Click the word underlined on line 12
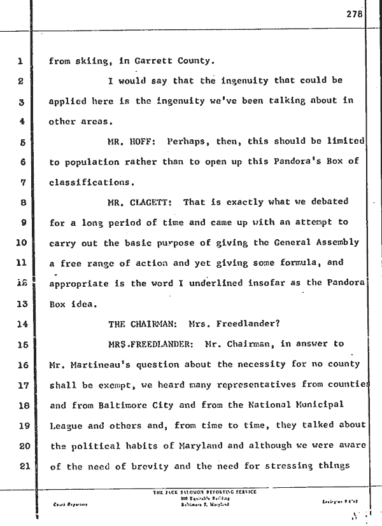point(213,282)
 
